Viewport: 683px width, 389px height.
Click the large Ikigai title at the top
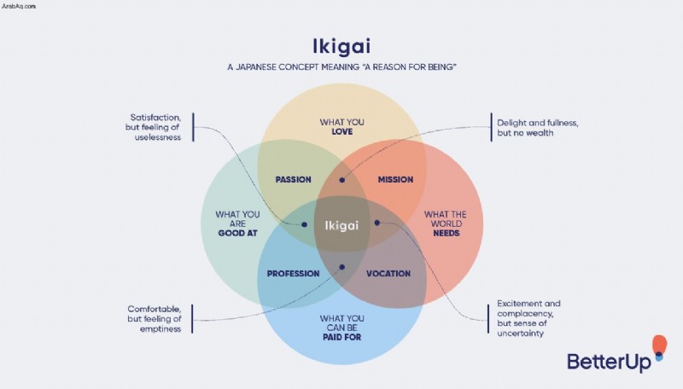341,47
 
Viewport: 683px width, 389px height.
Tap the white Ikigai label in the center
342,225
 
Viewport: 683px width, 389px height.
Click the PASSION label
293,179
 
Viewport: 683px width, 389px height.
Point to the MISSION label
395,179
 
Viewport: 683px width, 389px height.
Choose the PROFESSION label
293,274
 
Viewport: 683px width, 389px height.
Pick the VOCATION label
388,274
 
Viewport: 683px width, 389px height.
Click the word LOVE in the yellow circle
342,131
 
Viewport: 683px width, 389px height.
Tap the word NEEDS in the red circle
447,233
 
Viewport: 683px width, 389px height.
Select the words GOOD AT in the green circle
238,233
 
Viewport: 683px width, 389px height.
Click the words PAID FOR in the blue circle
342,337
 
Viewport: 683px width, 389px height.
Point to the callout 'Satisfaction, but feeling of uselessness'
153,127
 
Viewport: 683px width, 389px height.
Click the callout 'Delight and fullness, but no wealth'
538,127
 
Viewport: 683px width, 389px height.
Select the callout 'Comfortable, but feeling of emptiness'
155,319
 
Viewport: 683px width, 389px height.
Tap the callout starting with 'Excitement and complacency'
528,318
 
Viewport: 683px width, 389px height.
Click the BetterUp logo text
609,362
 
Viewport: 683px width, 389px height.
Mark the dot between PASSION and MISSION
342,180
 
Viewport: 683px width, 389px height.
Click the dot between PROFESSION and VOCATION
342,267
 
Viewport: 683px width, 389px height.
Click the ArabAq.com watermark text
19,6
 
